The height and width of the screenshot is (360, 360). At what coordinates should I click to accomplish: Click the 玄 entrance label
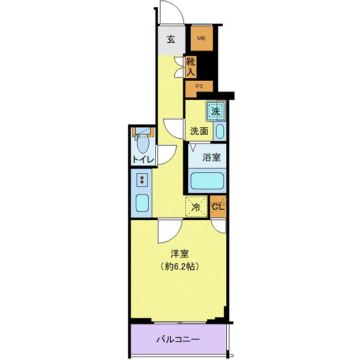171,39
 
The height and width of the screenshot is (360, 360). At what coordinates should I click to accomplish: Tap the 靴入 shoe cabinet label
191,67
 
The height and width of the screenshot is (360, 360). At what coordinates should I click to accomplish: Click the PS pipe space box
199,86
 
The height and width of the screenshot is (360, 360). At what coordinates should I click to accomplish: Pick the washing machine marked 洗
216,110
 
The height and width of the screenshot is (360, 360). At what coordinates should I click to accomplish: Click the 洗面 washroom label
199,131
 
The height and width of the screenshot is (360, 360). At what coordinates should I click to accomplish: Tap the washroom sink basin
220,131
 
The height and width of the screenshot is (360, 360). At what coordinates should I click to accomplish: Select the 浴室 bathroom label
211,157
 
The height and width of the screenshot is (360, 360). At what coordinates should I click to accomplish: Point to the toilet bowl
143,142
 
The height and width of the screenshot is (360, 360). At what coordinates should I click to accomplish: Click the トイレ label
142,159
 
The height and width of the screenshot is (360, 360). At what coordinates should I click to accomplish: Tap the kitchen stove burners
141,179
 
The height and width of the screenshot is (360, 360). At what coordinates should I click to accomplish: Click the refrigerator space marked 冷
196,207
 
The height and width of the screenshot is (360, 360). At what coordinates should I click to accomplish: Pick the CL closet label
218,207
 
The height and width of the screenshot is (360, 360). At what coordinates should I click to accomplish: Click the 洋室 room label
179,254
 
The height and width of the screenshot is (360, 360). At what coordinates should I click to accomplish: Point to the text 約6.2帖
179,267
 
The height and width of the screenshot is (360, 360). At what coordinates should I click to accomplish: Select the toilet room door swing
165,154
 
